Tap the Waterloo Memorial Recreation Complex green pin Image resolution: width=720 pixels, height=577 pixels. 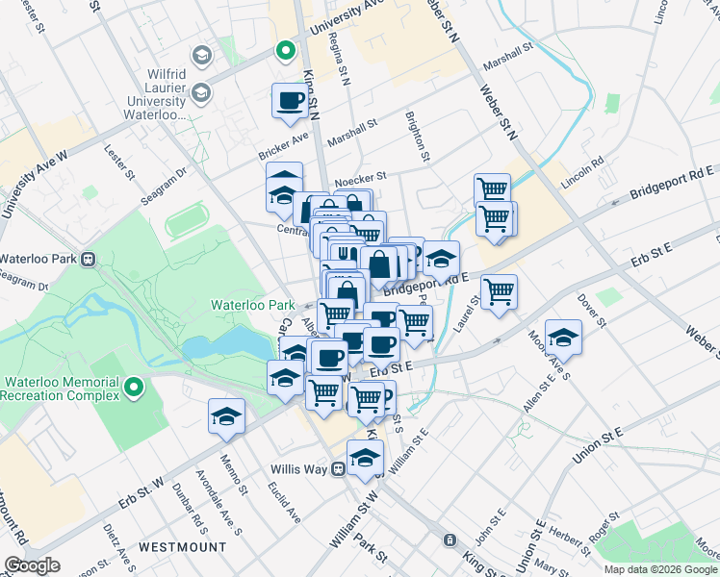(x=134, y=388)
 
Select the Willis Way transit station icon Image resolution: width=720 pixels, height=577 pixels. (x=338, y=469)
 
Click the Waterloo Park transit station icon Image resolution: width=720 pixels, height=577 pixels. (x=87, y=259)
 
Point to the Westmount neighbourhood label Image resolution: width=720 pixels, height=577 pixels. (x=175, y=546)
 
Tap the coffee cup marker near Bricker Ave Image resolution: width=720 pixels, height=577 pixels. (x=290, y=101)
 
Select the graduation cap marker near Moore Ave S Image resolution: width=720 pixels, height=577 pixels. (x=563, y=337)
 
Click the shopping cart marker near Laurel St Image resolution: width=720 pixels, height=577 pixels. (x=499, y=291)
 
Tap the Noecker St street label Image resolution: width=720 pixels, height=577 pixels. (x=360, y=177)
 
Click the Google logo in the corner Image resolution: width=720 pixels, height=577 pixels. (x=32, y=565)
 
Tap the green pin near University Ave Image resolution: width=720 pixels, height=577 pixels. (x=285, y=51)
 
